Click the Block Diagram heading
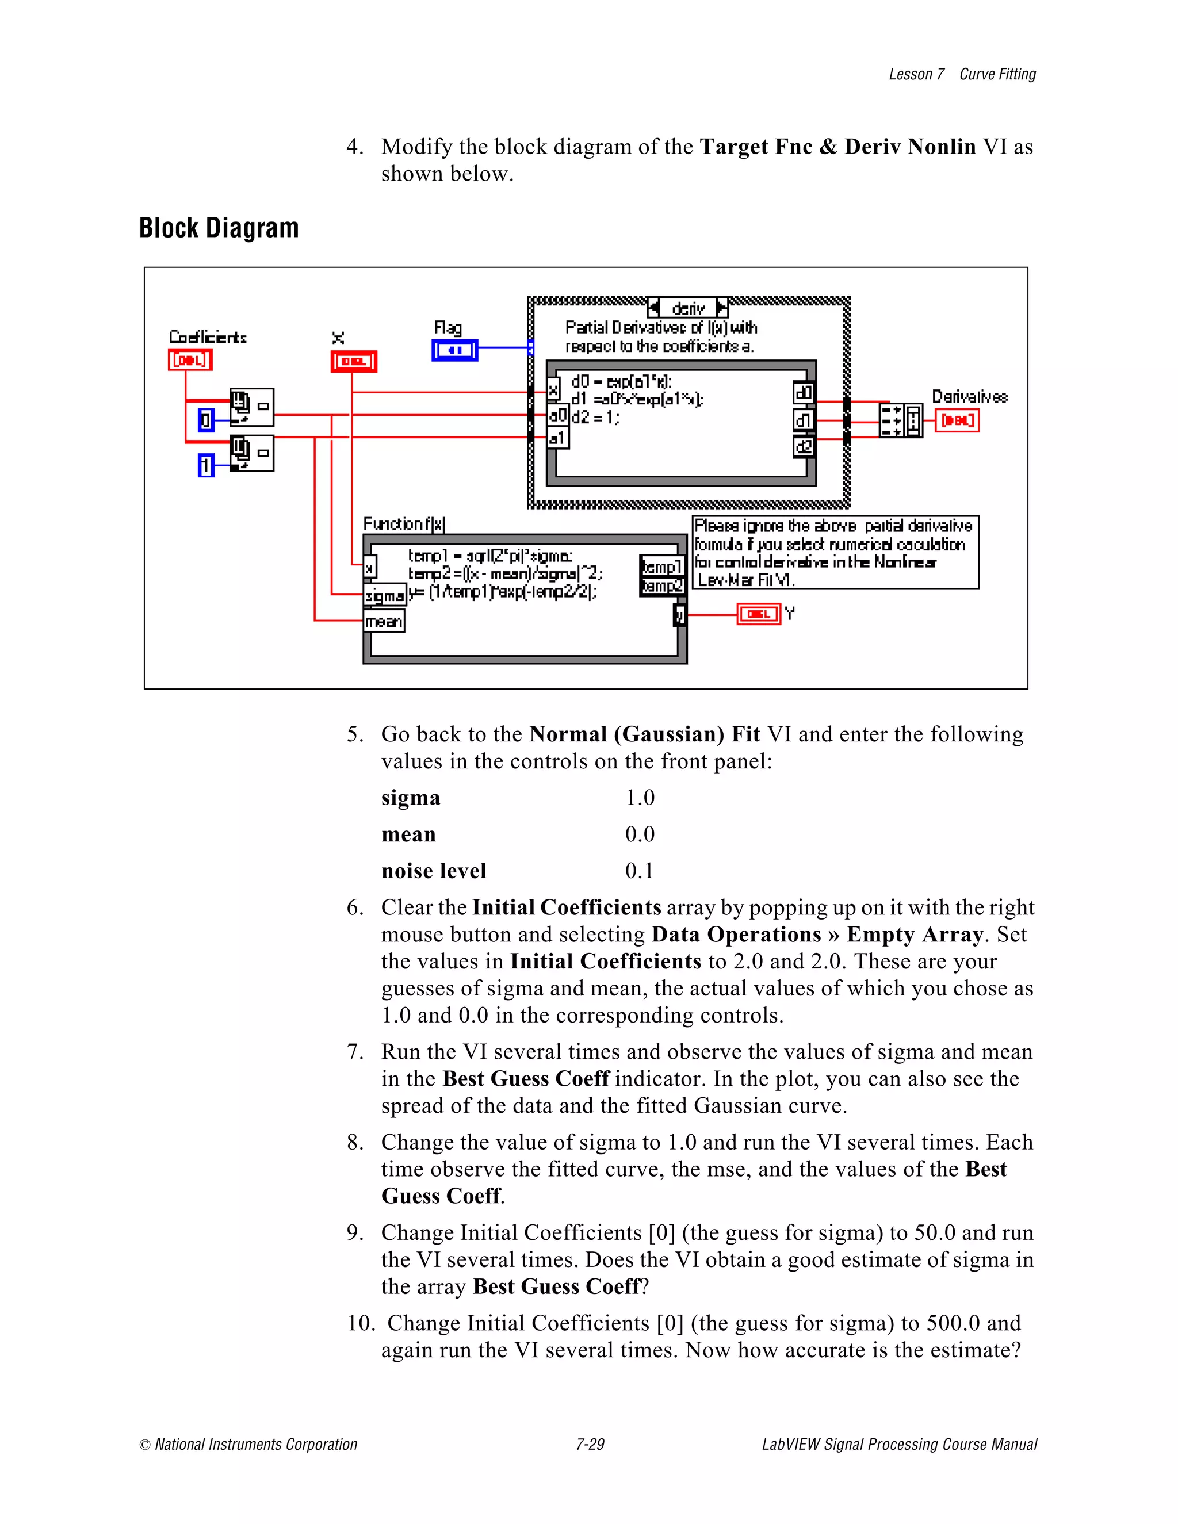(219, 228)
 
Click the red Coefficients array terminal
(190, 360)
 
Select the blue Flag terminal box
(454, 350)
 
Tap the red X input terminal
(354, 362)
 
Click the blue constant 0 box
(206, 420)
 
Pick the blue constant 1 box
(206, 465)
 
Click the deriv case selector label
(688, 308)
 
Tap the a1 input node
(557, 438)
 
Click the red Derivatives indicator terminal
(957, 421)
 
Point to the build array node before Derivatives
(900, 420)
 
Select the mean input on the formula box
(384, 621)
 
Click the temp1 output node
(661, 566)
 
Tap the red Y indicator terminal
(759, 614)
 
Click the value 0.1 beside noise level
(639, 871)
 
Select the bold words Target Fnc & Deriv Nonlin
(837, 147)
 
